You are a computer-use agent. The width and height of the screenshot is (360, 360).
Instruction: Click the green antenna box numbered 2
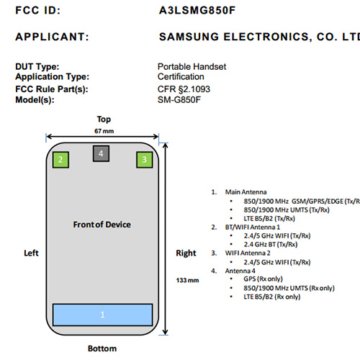[60, 160]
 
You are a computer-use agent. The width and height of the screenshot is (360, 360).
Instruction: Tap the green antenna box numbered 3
[145, 160]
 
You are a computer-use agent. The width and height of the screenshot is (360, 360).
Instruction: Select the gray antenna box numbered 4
[101, 153]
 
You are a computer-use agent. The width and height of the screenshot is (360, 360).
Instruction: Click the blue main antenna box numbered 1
[103, 315]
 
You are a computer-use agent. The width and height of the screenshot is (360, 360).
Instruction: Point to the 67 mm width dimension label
[104, 131]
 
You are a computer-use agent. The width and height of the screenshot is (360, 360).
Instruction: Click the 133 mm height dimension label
[187, 280]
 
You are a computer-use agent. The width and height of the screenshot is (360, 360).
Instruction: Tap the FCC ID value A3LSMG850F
[197, 10]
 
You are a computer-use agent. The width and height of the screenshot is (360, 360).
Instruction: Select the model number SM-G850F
[179, 99]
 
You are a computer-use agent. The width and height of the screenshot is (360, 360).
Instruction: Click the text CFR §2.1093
[184, 89]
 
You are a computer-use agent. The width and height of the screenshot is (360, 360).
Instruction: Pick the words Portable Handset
[192, 66]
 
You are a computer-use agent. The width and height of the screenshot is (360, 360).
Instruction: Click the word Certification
[181, 77]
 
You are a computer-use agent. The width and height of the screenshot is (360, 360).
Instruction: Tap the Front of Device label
[102, 225]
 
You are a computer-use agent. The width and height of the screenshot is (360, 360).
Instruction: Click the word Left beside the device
[31, 253]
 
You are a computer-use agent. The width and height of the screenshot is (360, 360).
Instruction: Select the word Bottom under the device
[102, 348]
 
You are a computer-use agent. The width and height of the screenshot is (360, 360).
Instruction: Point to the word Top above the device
[104, 120]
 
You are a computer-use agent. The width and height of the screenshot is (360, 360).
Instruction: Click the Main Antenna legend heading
[246, 192]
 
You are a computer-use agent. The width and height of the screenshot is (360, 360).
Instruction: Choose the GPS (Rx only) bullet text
[263, 279]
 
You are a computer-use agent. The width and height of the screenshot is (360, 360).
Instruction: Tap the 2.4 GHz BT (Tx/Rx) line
[271, 244]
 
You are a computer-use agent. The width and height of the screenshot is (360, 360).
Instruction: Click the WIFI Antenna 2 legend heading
[248, 253]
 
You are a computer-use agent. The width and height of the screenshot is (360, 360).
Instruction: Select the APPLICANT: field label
[52, 37]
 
